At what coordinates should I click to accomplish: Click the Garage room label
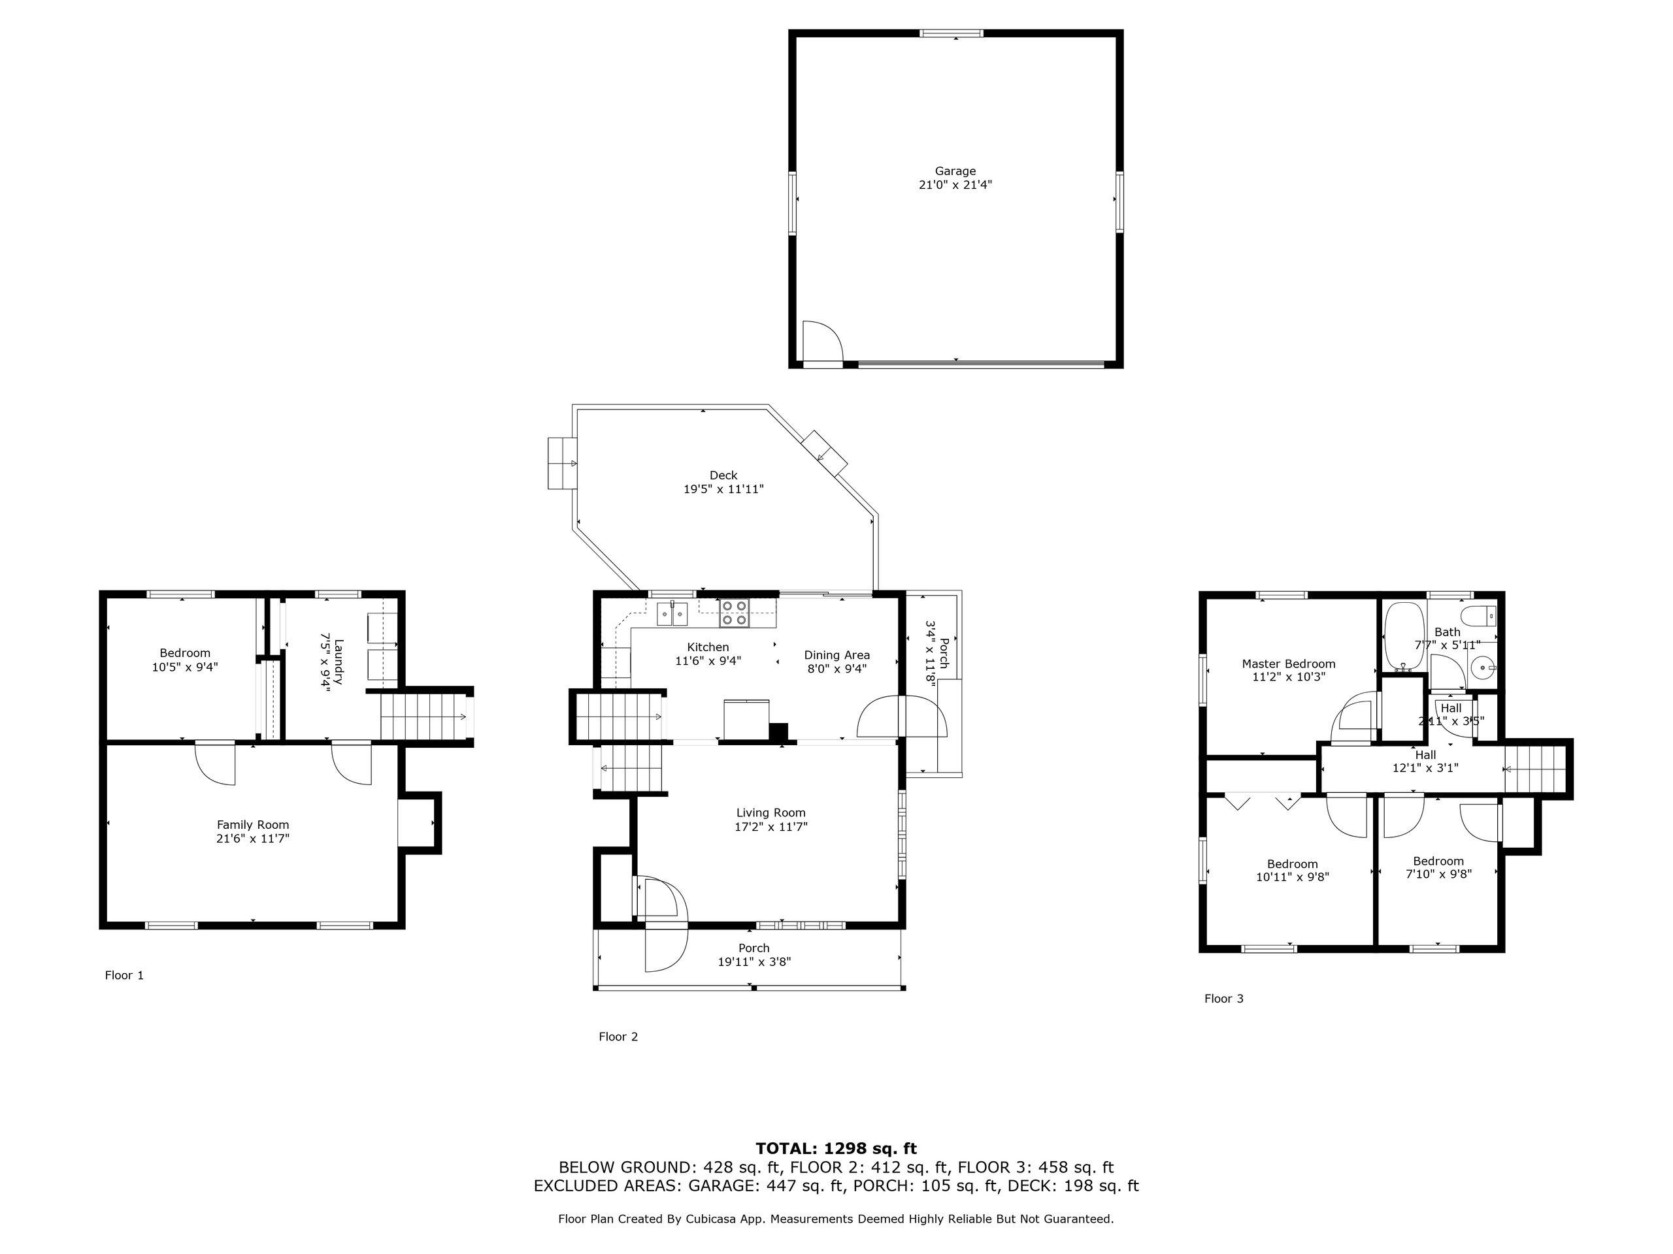click(955, 172)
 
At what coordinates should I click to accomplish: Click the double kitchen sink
click(672, 614)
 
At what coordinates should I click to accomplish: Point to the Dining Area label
click(836, 655)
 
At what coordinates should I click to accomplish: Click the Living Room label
click(770, 813)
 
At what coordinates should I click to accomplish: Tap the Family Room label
click(253, 826)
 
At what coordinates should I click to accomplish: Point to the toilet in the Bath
click(1480, 615)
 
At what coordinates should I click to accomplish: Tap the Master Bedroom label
click(1288, 664)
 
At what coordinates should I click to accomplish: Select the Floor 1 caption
click(124, 975)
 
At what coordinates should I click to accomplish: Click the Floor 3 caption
click(1223, 999)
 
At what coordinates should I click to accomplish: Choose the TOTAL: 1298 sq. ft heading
click(836, 1149)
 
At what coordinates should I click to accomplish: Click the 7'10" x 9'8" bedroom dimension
click(1438, 875)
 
